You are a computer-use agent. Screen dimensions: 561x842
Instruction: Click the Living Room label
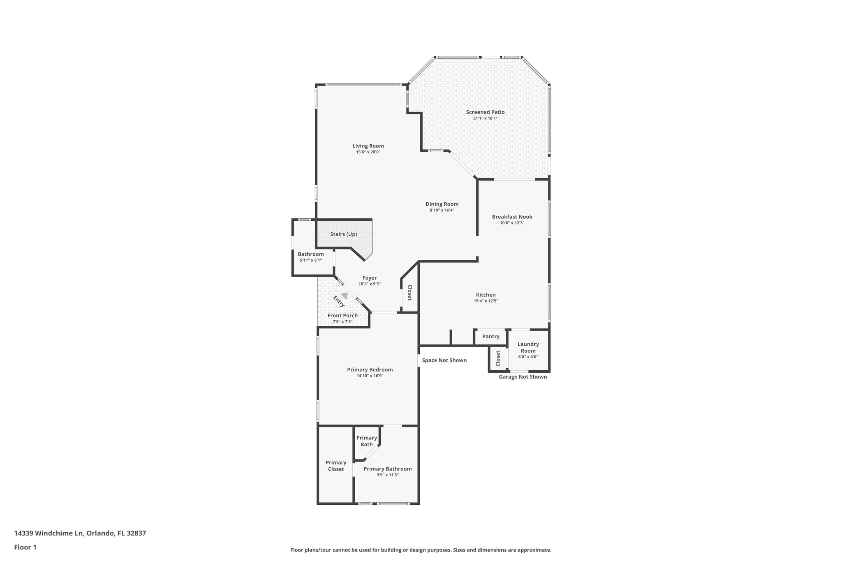coord(368,146)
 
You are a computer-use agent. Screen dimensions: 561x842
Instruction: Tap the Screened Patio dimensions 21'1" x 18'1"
coord(485,118)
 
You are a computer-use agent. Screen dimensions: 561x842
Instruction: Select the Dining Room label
coord(442,204)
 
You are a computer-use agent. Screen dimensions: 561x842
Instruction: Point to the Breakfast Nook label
coord(512,217)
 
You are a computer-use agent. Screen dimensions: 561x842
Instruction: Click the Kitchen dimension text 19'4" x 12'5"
coord(486,301)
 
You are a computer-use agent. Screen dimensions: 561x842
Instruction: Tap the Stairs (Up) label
coord(343,234)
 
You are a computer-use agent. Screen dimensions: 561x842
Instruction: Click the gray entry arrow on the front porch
coord(345,296)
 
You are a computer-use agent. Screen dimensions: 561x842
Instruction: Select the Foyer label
coord(369,278)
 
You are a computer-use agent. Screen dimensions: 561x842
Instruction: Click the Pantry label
coord(490,337)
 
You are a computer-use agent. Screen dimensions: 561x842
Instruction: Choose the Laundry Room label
coord(528,347)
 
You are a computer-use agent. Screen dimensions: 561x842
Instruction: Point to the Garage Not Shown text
coord(523,377)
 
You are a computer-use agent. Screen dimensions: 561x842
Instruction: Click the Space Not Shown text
coord(444,360)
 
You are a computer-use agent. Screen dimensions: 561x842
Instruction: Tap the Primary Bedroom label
coord(370,370)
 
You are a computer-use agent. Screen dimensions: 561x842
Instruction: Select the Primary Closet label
coord(336,466)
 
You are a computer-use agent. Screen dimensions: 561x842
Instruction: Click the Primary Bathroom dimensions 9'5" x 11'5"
coord(387,475)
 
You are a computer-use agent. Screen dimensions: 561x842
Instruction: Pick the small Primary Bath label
coord(366,441)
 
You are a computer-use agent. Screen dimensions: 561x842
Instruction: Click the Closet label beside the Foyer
coord(410,293)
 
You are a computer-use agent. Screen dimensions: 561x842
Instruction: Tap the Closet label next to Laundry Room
coord(498,358)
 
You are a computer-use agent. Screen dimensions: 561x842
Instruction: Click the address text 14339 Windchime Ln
coord(49,533)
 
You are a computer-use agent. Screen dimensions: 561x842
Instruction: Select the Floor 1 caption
coord(25,547)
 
